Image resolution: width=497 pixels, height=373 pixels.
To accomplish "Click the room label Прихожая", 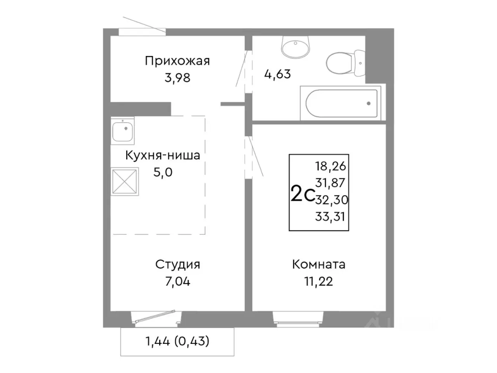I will (x=177, y=61).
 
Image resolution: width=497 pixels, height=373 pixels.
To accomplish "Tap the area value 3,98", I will (x=177, y=78).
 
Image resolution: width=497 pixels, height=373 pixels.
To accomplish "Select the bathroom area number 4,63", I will (x=277, y=74).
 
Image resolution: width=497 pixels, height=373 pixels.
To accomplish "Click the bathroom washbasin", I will (x=295, y=47).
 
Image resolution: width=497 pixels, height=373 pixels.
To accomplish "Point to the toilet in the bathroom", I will (x=344, y=63).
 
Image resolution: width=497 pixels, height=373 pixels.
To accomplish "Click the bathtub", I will (x=341, y=103).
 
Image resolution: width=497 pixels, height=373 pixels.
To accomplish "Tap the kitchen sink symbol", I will (x=123, y=131).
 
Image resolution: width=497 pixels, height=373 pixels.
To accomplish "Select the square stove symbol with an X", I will (x=125, y=181).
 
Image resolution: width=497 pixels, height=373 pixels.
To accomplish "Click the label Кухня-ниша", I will (x=162, y=155).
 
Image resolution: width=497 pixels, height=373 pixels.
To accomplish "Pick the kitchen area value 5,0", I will (x=163, y=172).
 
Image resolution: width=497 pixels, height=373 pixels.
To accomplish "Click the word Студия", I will (x=177, y=265).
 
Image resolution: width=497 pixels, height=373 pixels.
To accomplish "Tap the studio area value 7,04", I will (x=177, y=281).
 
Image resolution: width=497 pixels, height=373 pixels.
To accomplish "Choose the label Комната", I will (x=318, y=265).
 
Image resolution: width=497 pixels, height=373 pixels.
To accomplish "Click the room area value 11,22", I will (x=318, y=281).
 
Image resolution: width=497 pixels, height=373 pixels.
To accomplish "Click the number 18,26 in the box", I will (x=330, y=166).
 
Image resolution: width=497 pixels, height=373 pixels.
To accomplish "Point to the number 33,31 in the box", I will (x=330, y=216).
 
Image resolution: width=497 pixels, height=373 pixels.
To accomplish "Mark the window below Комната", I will (x=298, y=318).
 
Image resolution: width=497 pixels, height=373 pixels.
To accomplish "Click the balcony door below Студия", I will (x=156, y=317).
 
